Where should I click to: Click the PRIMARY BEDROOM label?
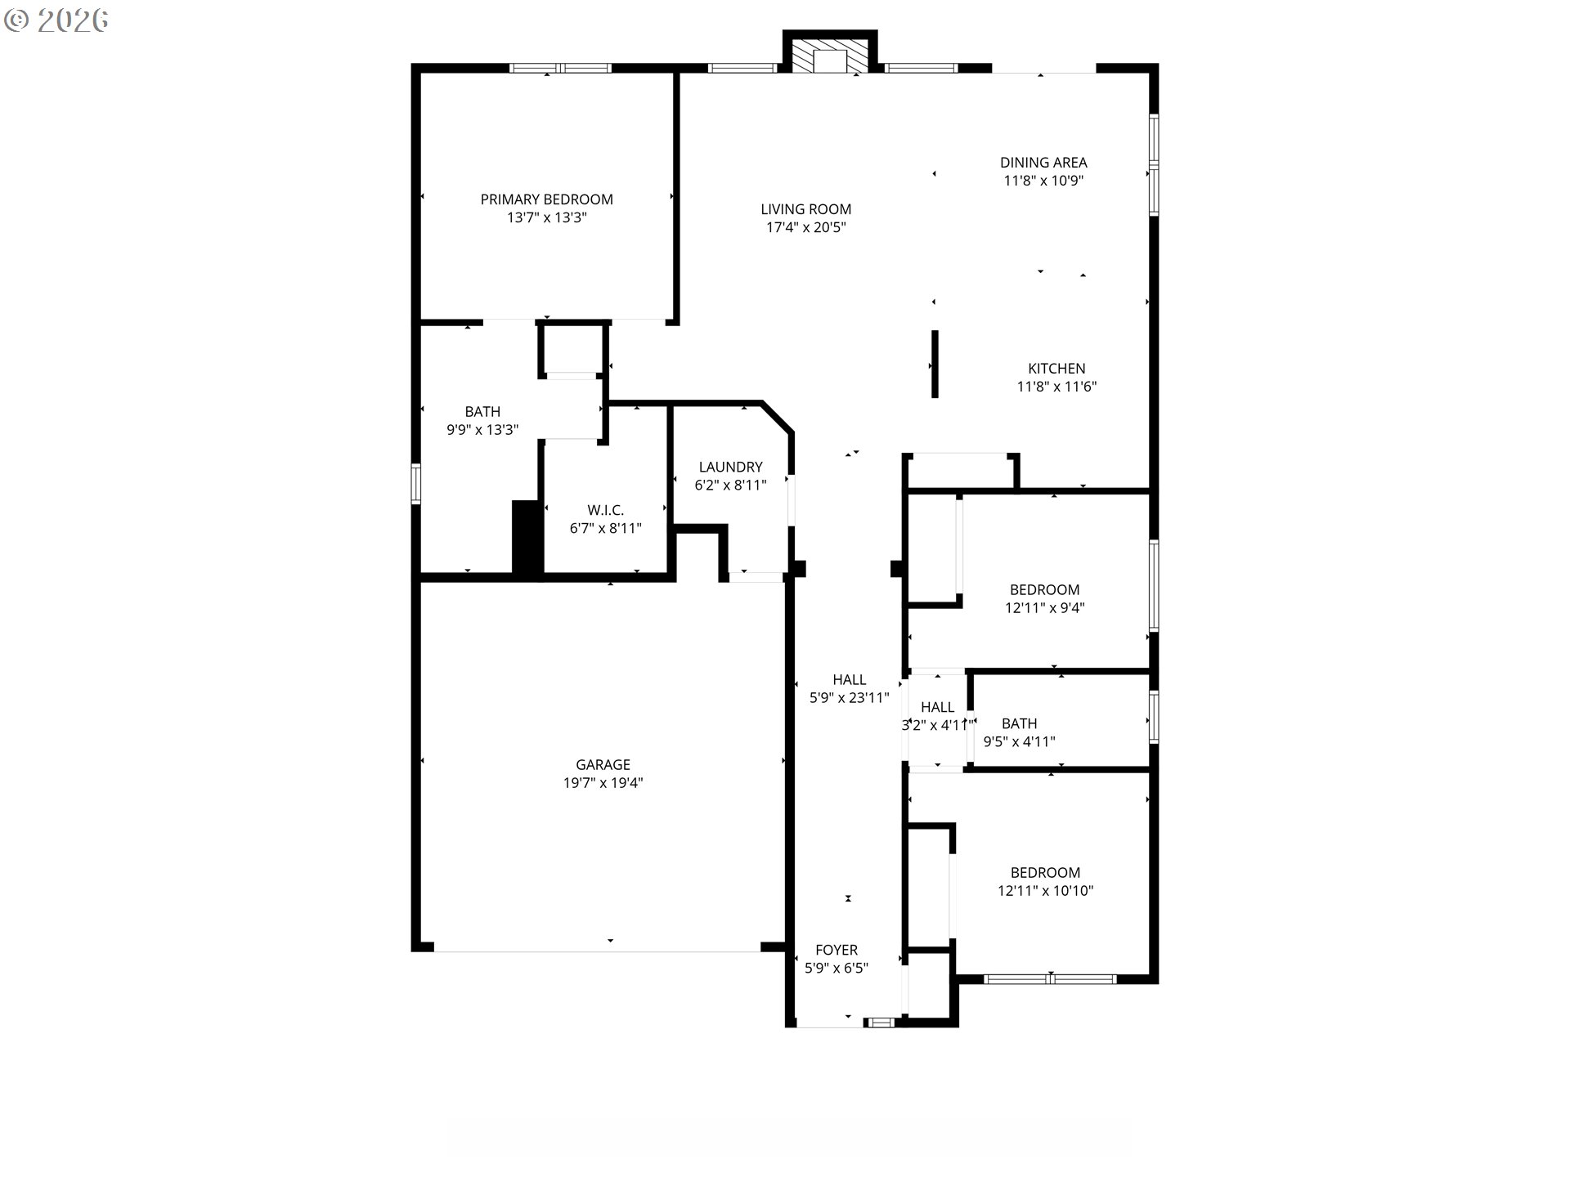[546, 199]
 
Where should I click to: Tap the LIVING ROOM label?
[805, 209]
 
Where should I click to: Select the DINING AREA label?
[1043, 163]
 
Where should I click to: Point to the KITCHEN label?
[1056, 369]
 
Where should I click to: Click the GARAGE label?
[603, 765]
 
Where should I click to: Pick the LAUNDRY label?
[730, 467]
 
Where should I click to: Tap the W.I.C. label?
[605, 511]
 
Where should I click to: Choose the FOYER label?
[837, 950]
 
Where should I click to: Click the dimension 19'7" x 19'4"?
[603, 783]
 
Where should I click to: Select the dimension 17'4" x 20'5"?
[805, 227]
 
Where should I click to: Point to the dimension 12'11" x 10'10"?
[1045, 891]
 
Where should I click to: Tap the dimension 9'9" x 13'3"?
[482, 430]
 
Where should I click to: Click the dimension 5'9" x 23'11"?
[849, 698]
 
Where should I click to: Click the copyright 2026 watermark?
[56, 20]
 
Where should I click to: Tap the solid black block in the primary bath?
[527, 537]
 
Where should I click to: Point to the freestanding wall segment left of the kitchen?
[935, 364]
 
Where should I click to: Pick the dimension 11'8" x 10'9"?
[1043, 181]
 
